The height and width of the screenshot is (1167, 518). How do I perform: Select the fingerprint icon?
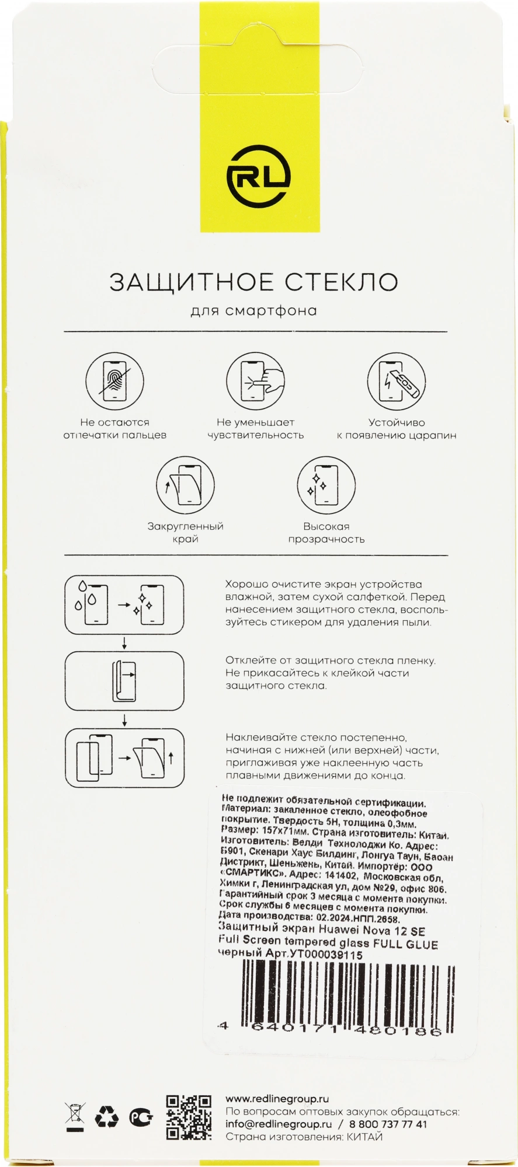[114, 382]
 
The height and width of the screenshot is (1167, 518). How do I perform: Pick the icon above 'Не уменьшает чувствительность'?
[255, 382]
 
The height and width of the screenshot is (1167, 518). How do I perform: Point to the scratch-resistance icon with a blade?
[397, 382]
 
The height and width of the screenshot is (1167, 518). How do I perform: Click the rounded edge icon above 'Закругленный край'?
[185, 485]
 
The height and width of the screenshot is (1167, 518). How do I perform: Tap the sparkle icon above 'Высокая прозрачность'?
[326, 485]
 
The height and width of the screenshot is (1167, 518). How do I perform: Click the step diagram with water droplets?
[124, 605]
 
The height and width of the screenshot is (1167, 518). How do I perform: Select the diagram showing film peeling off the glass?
[124, 681]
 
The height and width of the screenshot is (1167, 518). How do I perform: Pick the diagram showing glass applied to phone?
[124, 758]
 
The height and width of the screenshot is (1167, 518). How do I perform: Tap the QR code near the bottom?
[189, 1117]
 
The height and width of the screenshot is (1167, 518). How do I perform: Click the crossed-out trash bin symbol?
[75, 1117]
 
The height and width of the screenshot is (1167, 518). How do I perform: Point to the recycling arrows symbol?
[107, 1117]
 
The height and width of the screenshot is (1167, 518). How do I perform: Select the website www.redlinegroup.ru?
[277, 1099]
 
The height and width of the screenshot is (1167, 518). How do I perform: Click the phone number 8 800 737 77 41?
[388, 1124]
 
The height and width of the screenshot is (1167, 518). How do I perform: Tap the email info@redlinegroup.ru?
[278, 1124]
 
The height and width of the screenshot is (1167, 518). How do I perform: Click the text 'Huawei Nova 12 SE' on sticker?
[371, 931]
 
